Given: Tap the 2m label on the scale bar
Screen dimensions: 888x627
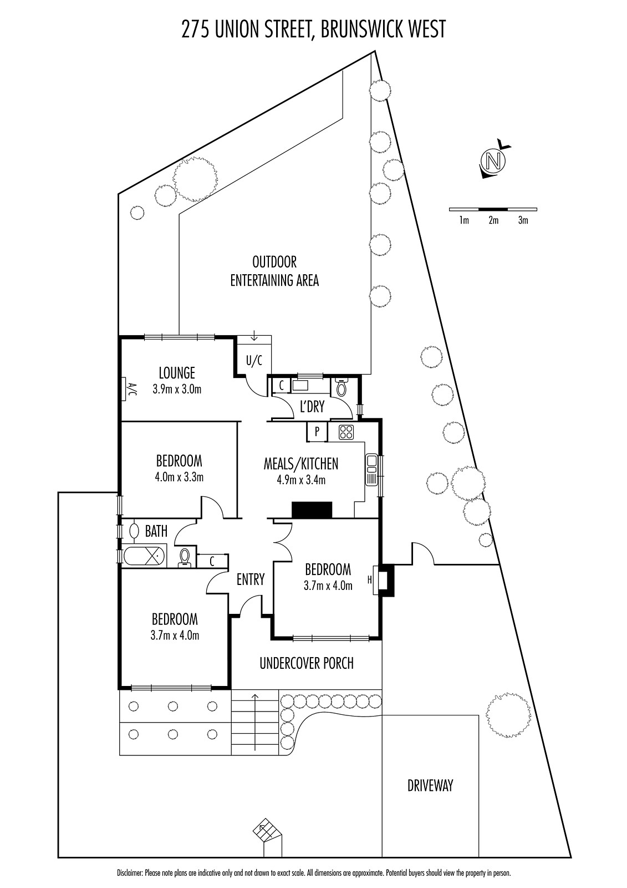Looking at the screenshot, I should pyautogui.click(x=493, y=220).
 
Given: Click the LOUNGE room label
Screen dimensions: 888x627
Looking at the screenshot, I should pyautogui.click(x=177, y=372).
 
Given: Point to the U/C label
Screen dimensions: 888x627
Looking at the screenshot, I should pyautogui.click(x=254, y=361).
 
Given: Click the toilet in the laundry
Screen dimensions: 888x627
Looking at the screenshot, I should pyautogui.click(x=341, y=387).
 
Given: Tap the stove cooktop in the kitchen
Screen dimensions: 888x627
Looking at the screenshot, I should pyautogui.click(x=346, y=431).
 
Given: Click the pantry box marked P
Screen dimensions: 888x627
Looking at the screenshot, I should pyautogui.click(x=317, y=431).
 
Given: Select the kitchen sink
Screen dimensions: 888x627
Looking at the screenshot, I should pyautogui.click(x=371, y=468).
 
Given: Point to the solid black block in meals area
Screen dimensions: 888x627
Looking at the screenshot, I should pyautogui.click(x=312, y=509).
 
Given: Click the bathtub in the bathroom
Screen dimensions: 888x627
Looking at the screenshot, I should pyautogui.click(x=144, y=556).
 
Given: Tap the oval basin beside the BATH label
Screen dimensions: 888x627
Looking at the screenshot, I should pyautogui.click(x=134, y=531).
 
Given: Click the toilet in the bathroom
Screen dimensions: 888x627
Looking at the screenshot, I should pyautogui.click(x=185, y=557).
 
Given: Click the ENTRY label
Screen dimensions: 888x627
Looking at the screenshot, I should pyautogui.click(x=251, y=579).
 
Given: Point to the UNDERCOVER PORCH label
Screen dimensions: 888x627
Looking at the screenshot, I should pyautogui.click(x=307, y=663).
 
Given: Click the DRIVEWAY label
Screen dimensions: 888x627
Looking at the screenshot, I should pyautogui.click(x=430, y=785).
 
